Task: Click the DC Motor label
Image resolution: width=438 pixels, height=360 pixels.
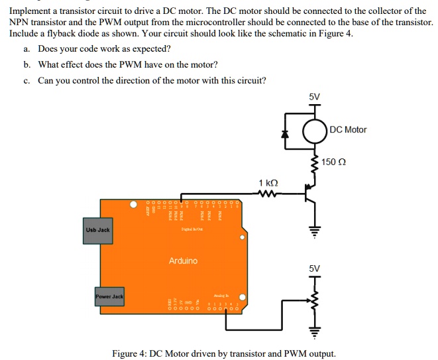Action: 348,129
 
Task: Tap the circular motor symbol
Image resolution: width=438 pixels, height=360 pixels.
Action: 314,131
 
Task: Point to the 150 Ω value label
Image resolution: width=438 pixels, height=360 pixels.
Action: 334,162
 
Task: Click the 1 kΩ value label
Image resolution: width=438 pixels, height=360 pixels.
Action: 268,182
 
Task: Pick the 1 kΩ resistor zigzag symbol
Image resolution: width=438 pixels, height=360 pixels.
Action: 268,194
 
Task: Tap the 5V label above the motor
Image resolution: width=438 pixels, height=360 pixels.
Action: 314,96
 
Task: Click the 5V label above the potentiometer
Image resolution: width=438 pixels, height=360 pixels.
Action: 314,269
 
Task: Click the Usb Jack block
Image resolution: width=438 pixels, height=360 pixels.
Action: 97,230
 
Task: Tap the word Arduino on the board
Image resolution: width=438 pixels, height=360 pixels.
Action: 183,261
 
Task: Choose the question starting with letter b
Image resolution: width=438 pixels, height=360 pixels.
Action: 127,64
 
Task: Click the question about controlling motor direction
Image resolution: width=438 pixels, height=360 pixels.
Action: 152,80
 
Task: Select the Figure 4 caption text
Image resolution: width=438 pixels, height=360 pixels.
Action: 223,353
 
